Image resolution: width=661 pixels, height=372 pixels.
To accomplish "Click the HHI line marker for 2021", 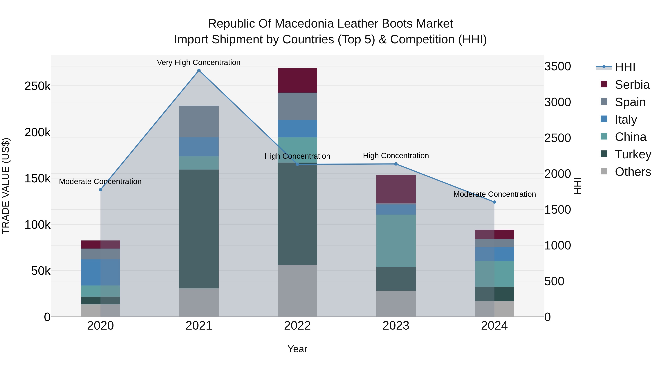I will tap(199, 70).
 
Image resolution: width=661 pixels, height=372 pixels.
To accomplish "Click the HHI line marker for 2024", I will tap(494, 202).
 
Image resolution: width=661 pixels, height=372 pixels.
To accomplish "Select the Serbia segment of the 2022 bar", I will tap(297, 80).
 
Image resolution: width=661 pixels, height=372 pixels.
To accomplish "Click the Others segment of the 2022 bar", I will tap(297, 291).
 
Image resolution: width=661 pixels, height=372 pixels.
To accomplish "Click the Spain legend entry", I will tap(630, 102).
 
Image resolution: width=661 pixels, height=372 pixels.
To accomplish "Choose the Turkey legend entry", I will tap(633, 154).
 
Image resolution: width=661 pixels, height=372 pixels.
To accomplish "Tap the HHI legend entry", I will tap(625, 67).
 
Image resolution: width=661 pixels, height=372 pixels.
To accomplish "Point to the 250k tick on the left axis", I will tap(37, 86).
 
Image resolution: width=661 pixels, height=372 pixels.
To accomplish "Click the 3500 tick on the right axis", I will tap(557, 67).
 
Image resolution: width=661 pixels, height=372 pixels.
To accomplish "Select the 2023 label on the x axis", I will tap(396, 326).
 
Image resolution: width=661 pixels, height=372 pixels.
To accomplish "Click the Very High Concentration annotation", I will tap(199, 62).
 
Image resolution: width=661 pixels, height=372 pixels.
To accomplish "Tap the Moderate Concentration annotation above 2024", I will tap(494, 194).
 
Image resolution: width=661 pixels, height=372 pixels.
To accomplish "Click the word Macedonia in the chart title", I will tap(305, 24).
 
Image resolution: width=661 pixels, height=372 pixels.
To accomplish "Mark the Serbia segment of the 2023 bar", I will tap(396, 189).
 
